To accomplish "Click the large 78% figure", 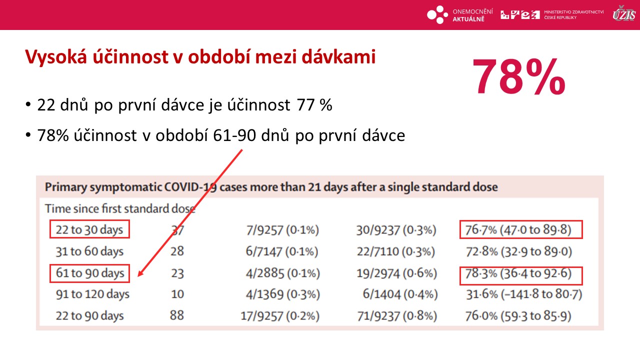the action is [x=518, y=76].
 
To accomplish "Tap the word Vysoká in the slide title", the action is [x=56, y=56].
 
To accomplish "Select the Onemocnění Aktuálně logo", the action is [x=460, y=15].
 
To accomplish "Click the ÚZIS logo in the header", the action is [x=624, y=13].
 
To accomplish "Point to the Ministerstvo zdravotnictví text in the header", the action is [x=573, y=14].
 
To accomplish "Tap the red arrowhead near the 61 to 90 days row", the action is [x=141, y=272].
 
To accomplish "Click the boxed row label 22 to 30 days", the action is [x=89, y=229].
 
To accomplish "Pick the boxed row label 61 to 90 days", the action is [x=90, y=273].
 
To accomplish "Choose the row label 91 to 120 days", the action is [x=92, y=294].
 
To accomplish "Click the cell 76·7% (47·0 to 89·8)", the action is [x=518, y=229].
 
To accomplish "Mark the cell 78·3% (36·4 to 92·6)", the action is [x=518, y=273].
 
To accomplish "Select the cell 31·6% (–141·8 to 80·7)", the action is [x=524, y=294].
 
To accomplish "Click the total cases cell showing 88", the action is [x=177, y=315].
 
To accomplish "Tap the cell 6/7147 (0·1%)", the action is [x=282, y=251].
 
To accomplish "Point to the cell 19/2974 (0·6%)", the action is [x=397, y=273].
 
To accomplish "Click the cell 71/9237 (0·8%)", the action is [x=397, y=316].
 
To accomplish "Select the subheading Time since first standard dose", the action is [x=120, y=208].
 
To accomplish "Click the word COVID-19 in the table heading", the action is [x=190, y=187].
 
